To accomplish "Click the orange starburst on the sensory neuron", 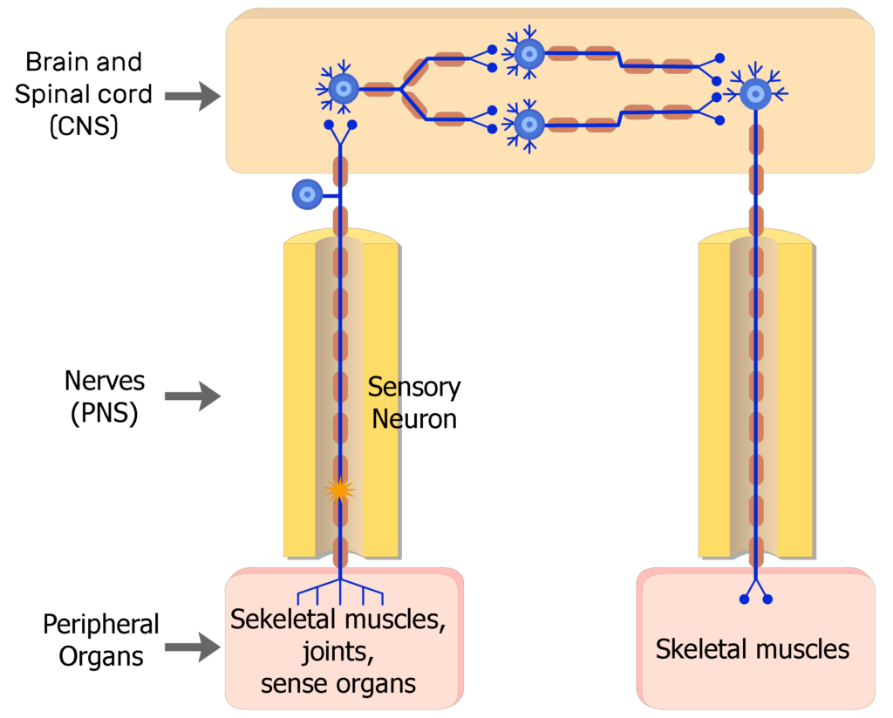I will click(339, 491).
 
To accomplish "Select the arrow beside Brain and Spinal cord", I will click(193, 95).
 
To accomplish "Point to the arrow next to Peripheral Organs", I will click(193, 646).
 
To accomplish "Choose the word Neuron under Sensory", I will click(414, 419).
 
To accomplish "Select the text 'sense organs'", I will click(338, 683).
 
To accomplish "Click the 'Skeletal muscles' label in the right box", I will click(752, 649).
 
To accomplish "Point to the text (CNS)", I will click(84, 125).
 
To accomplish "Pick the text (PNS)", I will click(104, 414).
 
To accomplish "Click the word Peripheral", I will click(101, 625).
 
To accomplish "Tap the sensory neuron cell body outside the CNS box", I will click(307, 194).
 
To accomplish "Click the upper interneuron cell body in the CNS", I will click(528, 54).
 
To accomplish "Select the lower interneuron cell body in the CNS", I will click(528, 124).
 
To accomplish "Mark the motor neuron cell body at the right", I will click(755, 93).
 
